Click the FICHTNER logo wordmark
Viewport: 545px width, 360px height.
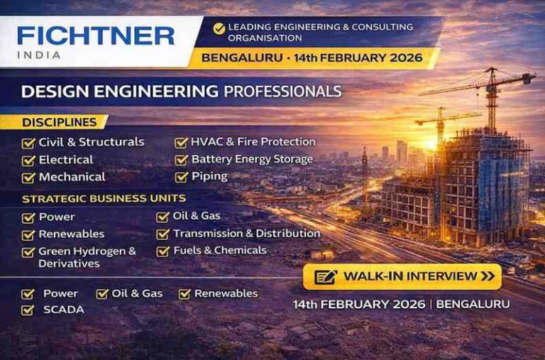click(x=96, y=36)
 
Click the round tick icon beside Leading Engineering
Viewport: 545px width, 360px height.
click(x=219, y=28)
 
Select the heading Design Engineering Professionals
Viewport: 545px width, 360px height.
click(x=181, y=91)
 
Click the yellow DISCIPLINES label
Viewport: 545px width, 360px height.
click(x=60, y=122)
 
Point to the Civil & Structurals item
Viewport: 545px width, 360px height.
click(x=91, y=142)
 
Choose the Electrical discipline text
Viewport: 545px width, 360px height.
click(x=66, y=160)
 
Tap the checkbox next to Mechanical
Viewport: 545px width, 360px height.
click(x=28, y=178)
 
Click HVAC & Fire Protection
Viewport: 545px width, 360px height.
click(x=253, y=142)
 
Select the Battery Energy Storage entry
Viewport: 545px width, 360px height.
click(x=252, y=159)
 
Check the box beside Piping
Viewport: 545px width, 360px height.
click(x=182, y=177)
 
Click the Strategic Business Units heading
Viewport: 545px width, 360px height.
click(x=104, y=199)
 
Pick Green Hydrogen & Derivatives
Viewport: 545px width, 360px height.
click(x=87, y=257)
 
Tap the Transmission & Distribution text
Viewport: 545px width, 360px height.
click(x=246, y=234)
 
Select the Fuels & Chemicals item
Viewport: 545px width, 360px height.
click(x=219, y=251)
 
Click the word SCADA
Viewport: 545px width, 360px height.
click(x=63, y=310)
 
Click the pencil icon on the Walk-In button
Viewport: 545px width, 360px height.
click(x=325, y=276)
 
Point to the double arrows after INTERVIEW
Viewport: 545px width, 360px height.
click(x=488, y=276)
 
